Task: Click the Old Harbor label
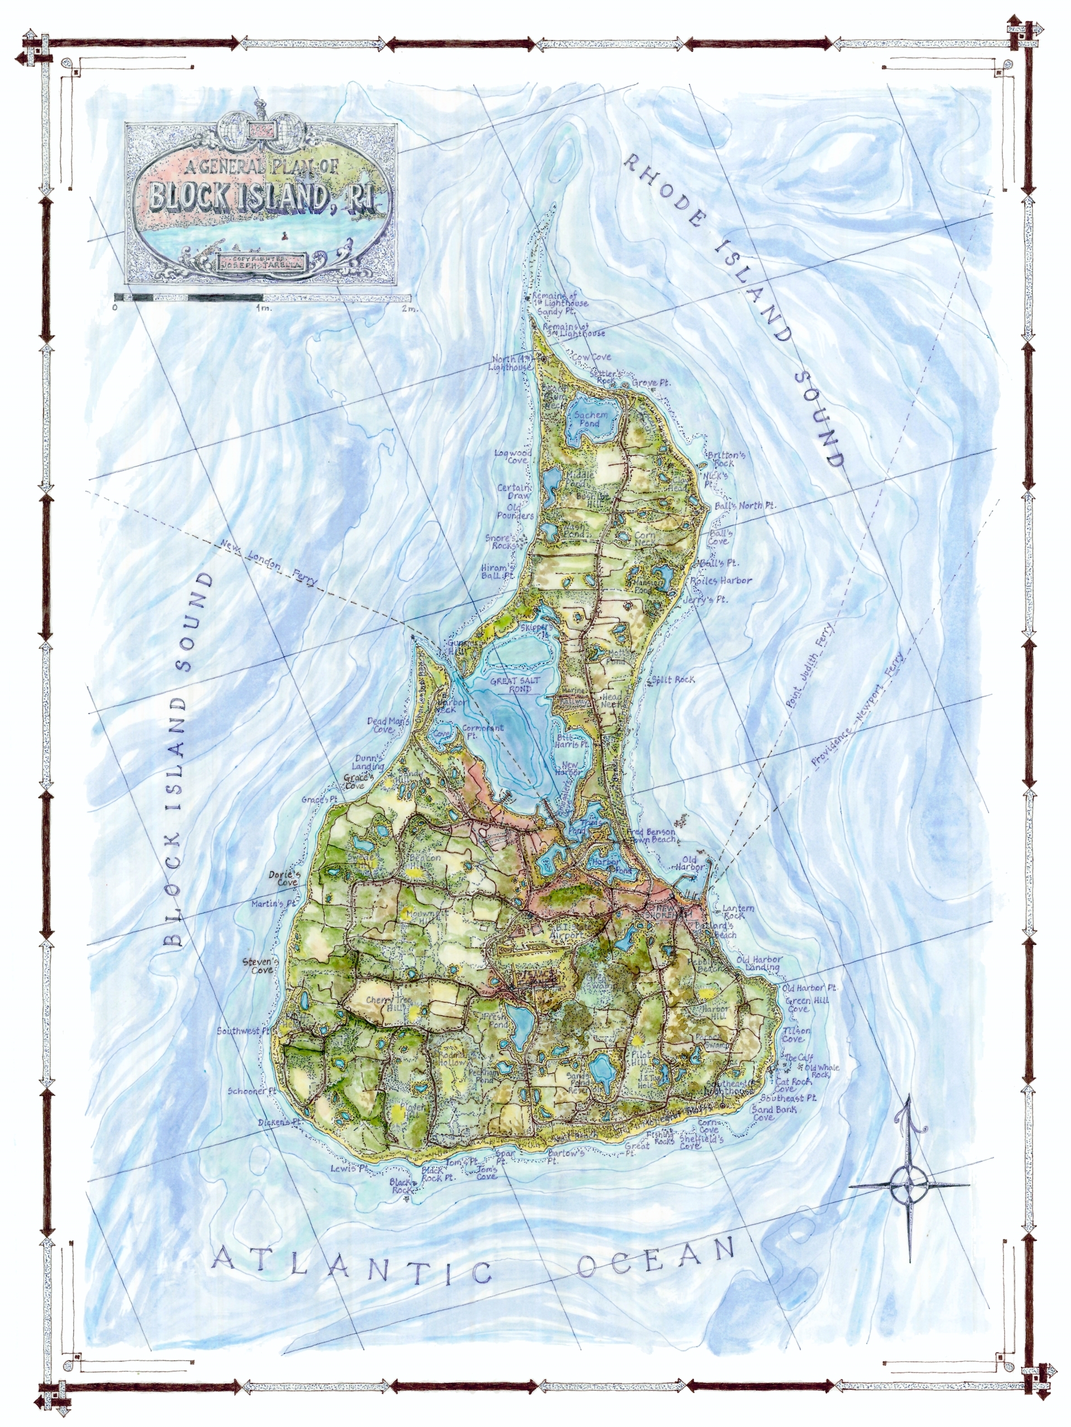tap(689, 863)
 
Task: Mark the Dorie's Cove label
tap(283, 878)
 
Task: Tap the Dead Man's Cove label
tap(389, 725)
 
